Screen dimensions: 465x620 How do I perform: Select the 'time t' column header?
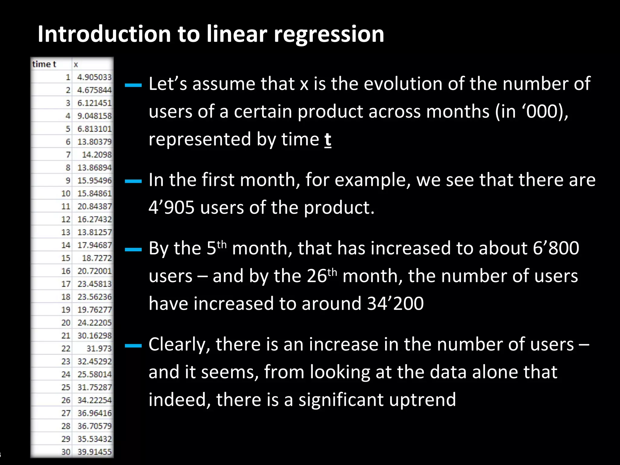point(44,64)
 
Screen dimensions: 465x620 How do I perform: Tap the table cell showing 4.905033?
point(94,77)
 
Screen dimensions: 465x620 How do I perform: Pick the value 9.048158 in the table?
point(94,116)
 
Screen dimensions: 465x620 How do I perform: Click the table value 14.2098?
point(97,155)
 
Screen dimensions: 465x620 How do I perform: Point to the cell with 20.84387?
point(94,206)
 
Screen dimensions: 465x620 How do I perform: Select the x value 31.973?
point(99,349)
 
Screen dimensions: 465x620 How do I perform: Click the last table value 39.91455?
point(94,452)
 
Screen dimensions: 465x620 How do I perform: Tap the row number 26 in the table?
point(66,400)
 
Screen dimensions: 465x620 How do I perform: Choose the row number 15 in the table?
point(66,258)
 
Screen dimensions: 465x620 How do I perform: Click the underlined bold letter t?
point(328,140)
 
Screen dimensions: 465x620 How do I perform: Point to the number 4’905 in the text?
point(171,208)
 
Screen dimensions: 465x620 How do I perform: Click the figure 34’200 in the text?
point(395,304)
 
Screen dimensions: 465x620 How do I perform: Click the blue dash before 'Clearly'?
point(133,345)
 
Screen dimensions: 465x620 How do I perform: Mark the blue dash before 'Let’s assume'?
point(133,85)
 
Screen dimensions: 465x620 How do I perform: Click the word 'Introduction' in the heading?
point(105,34)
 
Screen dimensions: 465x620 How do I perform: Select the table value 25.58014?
point(94,374)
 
